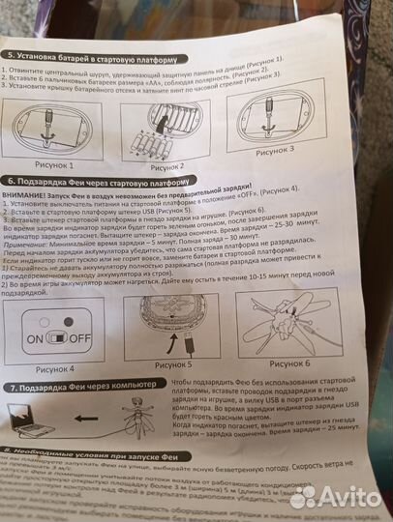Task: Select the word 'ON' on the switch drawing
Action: pos(35,338)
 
